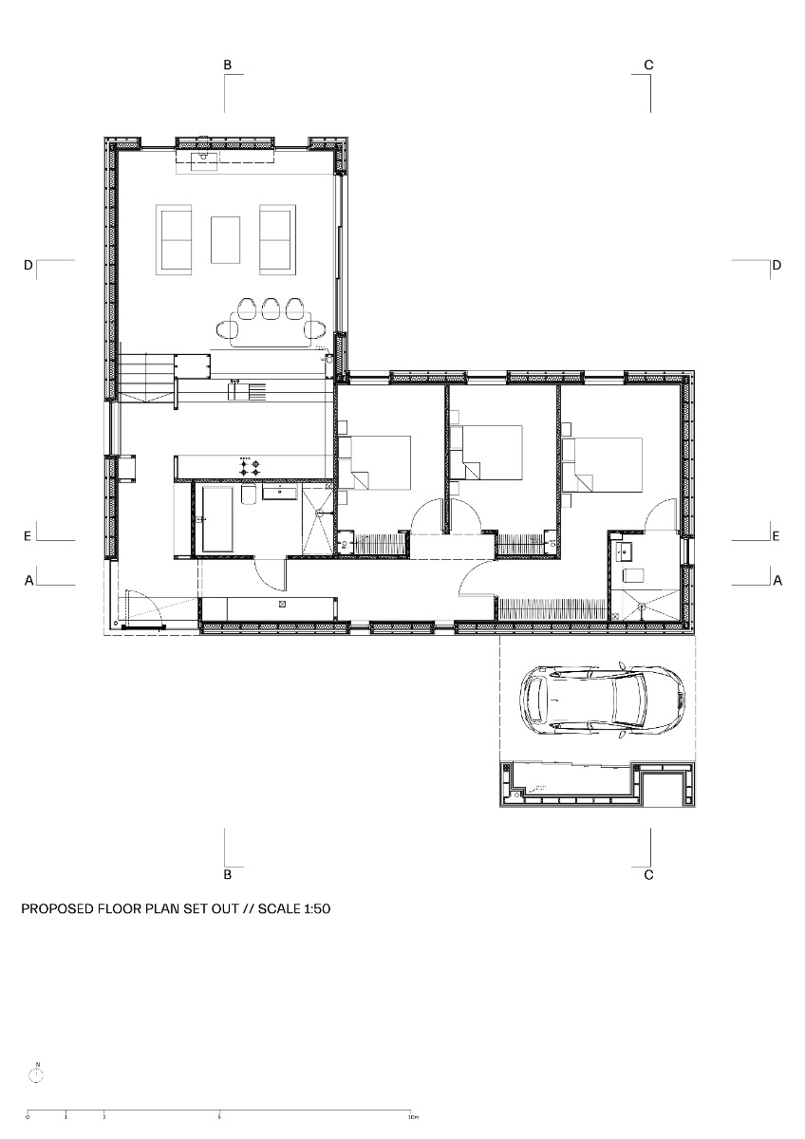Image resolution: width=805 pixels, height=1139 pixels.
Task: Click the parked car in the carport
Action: point(602,700)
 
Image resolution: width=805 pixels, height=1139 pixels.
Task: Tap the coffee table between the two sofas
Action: point(225,239)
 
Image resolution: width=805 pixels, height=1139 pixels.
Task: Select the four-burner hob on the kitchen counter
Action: point(250,465)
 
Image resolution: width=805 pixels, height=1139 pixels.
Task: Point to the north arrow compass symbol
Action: point(37,1074)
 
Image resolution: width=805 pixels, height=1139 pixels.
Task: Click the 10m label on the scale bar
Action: point(413,1118)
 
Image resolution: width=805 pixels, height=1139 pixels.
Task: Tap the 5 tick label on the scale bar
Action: point(219,1118)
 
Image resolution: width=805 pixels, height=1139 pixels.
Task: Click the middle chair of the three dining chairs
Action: point(271,308)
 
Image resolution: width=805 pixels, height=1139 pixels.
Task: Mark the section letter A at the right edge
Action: point(777,579)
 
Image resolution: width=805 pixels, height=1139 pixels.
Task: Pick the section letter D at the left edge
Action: point(28,265)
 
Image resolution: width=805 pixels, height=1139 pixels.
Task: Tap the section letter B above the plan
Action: point(227,65)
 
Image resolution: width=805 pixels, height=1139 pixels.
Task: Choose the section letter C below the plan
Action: point(648,874)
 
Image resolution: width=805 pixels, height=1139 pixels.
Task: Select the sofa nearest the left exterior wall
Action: point(176,238)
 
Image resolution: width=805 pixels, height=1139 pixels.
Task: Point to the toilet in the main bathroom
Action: point(247,495)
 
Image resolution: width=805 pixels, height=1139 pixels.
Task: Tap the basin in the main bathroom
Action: point(279,492)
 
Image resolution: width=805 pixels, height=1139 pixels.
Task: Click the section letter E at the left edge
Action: point(28,536)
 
